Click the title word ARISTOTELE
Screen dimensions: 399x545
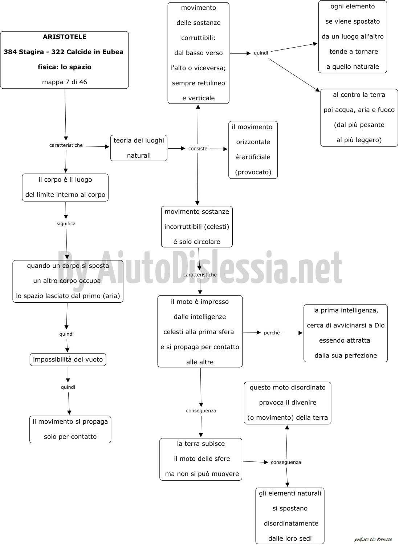(64, 37)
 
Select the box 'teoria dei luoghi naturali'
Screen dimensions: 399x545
(139, 148)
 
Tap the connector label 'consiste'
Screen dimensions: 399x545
(198, 149)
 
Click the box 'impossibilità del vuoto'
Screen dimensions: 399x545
(68, 360)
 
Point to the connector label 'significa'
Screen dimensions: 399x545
(66, 223)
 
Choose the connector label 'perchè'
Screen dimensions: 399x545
(272, 333)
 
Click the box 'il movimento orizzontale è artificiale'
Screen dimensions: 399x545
(253, 150)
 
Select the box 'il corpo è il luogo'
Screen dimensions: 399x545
(65, 187)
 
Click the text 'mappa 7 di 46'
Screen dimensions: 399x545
(64, 82)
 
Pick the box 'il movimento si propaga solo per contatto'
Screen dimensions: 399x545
(70, 429)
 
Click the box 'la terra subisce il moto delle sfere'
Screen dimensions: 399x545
(201, 459)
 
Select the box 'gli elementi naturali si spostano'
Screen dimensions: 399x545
(290, 516)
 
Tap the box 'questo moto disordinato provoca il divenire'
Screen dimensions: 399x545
(288, 403)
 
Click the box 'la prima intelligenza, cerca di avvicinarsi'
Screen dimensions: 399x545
(346, 333)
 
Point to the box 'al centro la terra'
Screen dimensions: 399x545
(359, 118)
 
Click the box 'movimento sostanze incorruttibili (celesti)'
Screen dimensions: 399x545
(197, 227)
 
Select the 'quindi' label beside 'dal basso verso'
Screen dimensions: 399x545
(261, 53)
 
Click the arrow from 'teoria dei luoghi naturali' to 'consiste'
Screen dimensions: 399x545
(176, 148)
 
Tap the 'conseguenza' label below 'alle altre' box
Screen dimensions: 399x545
(201, 411)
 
